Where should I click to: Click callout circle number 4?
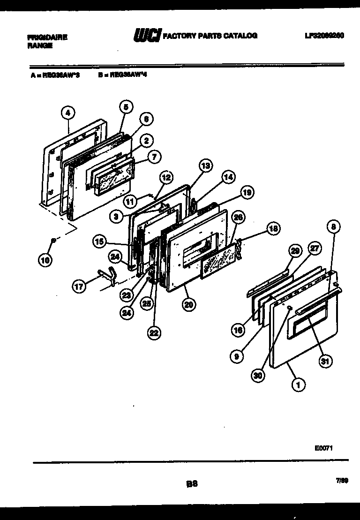pyautogui.click(x=68, y=113)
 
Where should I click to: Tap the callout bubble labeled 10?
pyautogui.click(x=45, y=260)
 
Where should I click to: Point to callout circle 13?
pyautogui.click(x=205, y=165)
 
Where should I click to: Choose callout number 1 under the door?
pyautogui.click(x=297, y=384)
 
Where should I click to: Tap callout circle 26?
pyautogui.click(x=238, y=217)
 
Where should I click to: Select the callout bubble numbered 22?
pyautogui.click(x=154, y=333)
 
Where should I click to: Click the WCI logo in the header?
pyautogui.click(x=147, y=36)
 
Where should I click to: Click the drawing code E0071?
pyautogui.click(x=323, y=448)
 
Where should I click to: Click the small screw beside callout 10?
pyautogui.click(x=54, y=241)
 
